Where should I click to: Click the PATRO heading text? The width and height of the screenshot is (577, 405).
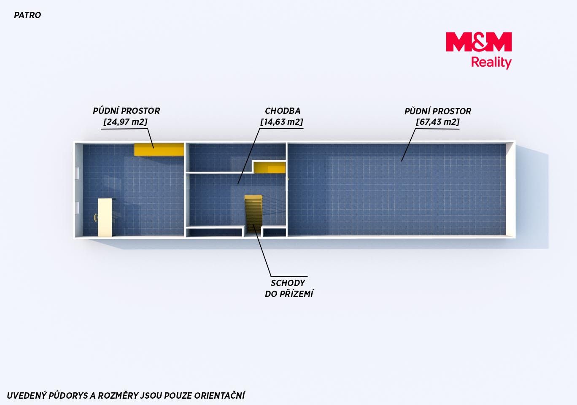pos(27,15)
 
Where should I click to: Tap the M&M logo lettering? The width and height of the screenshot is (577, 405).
pos(479,42)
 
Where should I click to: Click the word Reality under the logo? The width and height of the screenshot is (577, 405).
pos(491,63)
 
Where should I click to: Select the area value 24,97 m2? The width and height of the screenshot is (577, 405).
pos(125,121)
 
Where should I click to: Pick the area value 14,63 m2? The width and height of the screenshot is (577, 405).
pos(282,121)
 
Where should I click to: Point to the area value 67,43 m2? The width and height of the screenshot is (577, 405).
pos(438,121)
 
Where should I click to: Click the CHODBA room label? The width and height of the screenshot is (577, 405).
pos(283,111)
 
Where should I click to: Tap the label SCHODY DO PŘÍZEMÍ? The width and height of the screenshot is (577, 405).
pos(289,288)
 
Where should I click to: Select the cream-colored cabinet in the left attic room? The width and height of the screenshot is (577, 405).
pos(105,217)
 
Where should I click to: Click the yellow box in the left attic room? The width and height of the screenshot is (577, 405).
pos(159,150)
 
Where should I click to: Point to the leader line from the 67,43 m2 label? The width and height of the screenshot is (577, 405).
pos(409,145)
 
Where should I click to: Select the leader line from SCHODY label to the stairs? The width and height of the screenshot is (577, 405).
pos(262,250)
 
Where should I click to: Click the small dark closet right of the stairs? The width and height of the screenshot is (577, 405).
pos(275,232)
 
